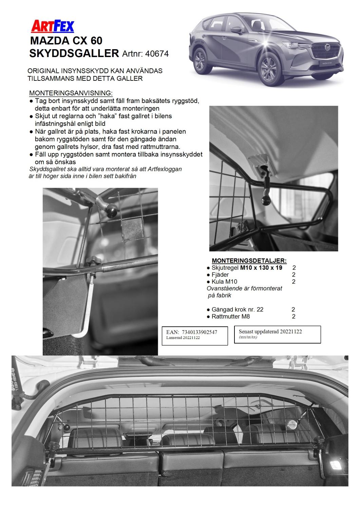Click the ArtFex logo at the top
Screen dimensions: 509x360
(x=52, y=26)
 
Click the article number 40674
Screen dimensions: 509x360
(x=156, y=54)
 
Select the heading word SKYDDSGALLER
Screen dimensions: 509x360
(x=75, y=53)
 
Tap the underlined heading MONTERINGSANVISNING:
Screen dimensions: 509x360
(x=71, y=93)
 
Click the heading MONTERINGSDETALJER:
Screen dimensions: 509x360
(x=249, y=261)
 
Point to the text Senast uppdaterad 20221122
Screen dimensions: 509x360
(x=270, y=332)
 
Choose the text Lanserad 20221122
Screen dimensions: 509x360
(x=183, y=338)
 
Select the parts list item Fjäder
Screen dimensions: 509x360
(x=220, y=275)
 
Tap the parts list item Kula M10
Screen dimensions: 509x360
(x=224, y=282)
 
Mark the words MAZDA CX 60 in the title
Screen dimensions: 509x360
(x=66, y=41)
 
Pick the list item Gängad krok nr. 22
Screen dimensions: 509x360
(x=237, y=309)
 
